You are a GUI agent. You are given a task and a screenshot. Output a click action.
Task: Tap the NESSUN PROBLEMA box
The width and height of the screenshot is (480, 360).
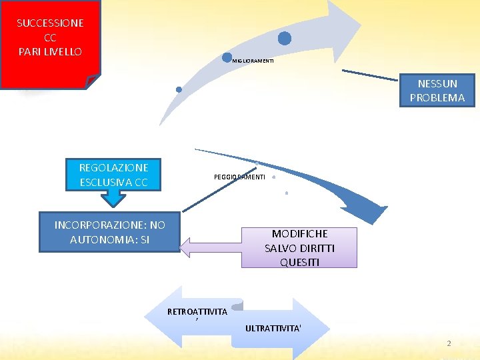point(437,91)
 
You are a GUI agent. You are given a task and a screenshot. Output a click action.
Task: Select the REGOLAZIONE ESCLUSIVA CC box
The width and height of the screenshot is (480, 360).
point(113,175)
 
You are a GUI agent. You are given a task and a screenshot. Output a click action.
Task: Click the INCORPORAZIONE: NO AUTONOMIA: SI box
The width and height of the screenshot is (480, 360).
point(109,232)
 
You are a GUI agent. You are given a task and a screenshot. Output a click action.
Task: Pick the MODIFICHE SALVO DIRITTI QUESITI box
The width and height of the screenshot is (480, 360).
point(299,247)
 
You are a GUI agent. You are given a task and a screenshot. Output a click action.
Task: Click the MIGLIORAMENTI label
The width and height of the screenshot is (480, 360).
point(253,61)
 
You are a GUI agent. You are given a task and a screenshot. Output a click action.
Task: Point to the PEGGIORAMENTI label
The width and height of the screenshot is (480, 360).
point(239,177)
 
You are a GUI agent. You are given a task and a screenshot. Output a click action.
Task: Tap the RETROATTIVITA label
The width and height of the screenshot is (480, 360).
point(197,311)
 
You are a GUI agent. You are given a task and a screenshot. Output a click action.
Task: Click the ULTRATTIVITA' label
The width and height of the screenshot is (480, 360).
point(273,328)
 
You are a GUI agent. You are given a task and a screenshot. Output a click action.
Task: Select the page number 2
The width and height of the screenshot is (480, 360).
point(449,343)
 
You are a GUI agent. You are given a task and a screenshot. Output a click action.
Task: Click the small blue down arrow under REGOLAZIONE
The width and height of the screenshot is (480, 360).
point(113,199)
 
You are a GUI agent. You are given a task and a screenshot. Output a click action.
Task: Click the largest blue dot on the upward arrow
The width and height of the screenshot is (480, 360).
point(285,38)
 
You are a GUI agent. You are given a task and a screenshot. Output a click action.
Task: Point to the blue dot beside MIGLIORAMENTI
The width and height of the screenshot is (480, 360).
point(227,59)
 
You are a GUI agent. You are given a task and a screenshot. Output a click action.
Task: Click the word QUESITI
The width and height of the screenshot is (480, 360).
point(299,262)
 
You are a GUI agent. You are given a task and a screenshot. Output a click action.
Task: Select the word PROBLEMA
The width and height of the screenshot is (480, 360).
point(437,98)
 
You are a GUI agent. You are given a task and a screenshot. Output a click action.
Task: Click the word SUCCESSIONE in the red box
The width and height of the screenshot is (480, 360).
point(50,23)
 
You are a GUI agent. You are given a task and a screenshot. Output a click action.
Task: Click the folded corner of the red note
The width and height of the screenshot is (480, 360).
point(93,81)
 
